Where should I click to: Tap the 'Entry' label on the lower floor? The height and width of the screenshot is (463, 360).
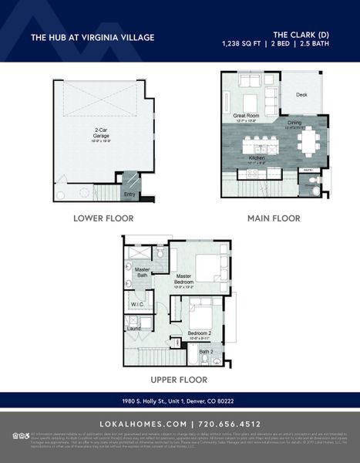(130, 194)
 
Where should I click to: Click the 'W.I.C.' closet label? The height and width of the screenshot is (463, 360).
(137, 305)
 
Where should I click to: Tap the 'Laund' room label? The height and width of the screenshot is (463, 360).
(134, 329)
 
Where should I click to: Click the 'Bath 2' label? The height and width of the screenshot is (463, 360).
(205, 351)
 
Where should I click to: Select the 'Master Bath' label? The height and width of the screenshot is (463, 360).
(143, 272)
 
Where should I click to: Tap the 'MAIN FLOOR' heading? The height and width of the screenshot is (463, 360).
(274, 218)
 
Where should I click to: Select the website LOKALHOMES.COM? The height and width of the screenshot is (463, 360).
(143, 424)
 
